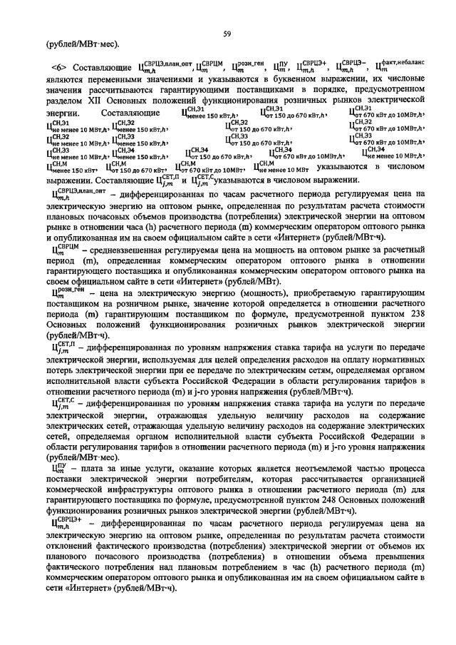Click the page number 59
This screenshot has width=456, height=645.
click(228, 34)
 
